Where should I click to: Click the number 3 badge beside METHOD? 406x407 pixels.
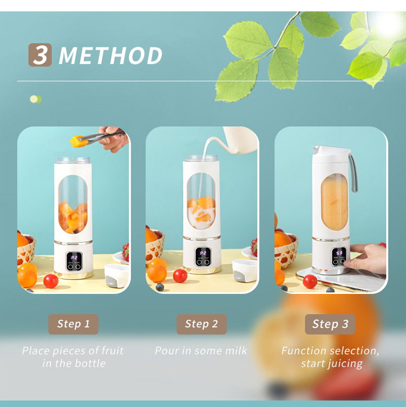pyautogui.click(x=40, y=55)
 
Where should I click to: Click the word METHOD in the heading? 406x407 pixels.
pyautogui.click(x=110, y=56)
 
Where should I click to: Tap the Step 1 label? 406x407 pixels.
pyautogui.click(x=73, y=324)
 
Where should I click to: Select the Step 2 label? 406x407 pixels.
pyautogui.click(x=201, y=324)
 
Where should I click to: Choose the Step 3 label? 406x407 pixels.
pyautogui.click(x=330, y=324)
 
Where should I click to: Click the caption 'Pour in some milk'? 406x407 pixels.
pyautogui.click(x=201, y=351)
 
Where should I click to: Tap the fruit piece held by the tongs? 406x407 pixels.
pyautogui.click(x=76, y=141)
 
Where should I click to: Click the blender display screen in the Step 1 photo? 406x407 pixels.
pyautogui.click(x=74, y=261)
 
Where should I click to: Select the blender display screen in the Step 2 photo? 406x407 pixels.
pyautogui.click(x=203, y=257)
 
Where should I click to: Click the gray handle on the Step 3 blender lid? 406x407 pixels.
pyautogui.click(x=353, y=173)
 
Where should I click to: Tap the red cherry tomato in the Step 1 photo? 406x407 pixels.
pyautogui.click(x=51, y=281)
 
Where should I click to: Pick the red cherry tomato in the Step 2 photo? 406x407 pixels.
pyautogui.click(x=180, y=275)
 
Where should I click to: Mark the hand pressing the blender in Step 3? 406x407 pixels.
pyautogui.click(x=365, y=258)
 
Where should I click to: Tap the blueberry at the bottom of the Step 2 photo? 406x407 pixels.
pyautogui.click(x=160, y=287)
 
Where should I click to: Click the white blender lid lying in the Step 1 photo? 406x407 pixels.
pyautogui.click(x=117, y=275)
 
